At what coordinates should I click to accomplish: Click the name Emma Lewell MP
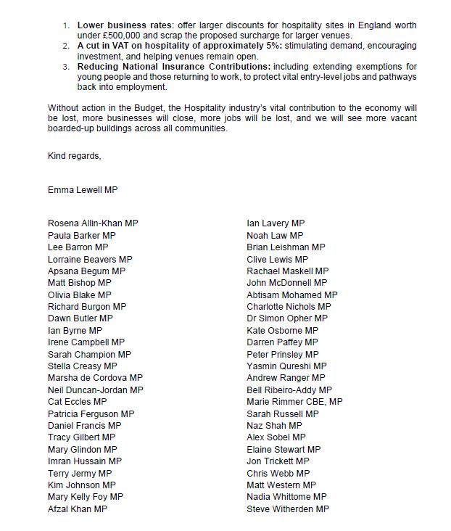[82, 191]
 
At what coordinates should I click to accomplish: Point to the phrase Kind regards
[75, 155]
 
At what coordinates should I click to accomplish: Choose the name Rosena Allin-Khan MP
[93, 223]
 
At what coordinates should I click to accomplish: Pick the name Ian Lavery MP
[276, 223]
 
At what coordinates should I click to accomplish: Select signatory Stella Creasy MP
[82, 366]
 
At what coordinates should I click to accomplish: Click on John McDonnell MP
[286, 283]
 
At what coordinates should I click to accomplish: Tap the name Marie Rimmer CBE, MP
[294, 402]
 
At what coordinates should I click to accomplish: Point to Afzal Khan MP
[78, 509]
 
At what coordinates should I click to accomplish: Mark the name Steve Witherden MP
[288, 509]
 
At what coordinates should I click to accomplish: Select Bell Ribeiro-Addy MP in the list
[289, 390]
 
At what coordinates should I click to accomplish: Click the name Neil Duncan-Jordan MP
[95, 390]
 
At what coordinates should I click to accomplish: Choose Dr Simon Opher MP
[287, 318]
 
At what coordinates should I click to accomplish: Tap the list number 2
[65, 46]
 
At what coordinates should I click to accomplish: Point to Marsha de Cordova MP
[95, 378]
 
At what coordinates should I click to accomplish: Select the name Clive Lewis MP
[277, 259]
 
